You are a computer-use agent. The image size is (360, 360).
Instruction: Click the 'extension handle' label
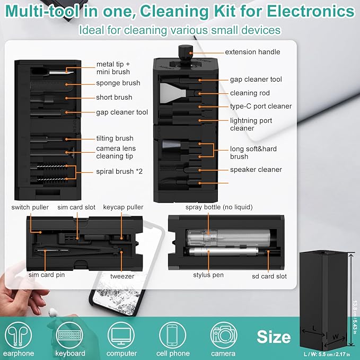[252, 52]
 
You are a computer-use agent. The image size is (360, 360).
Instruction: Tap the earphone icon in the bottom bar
[19, 335]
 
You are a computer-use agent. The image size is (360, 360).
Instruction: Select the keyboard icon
[69, 335]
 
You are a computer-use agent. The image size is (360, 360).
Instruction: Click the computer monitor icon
[122, 335]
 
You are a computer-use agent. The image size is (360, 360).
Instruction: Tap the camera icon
[223, 335]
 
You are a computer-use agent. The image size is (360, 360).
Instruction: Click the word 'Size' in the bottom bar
[274, 337]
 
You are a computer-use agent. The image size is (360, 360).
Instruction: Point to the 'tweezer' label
[122, 276]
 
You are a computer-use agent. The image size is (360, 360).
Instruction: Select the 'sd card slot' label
[269, 276]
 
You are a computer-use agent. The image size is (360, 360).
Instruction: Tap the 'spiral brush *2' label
[118, 171]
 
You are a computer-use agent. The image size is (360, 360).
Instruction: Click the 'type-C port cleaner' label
[261, 106]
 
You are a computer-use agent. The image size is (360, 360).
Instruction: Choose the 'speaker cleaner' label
[256, 170]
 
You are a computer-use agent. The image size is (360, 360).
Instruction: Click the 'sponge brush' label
[118, 83]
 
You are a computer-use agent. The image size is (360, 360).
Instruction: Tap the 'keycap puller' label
[123, 207]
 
